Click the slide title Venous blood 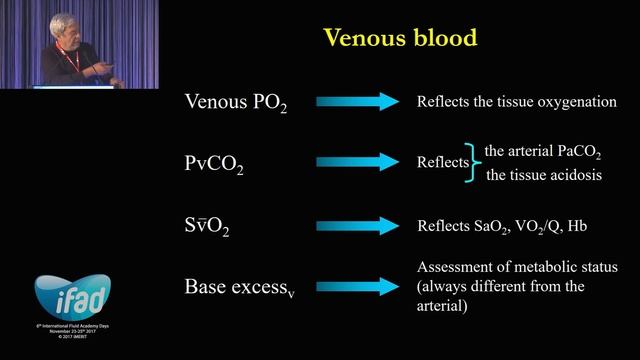pos(399,39)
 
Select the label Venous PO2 pos(236,102)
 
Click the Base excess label pos(240,287)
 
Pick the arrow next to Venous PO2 pos(358,101)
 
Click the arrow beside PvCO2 pos(358,161)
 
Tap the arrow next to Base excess pos(358,287)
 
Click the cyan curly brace pos(475,162)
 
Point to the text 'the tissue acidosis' pos(543,177)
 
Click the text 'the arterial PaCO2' pos(543,152)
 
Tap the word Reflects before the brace pos(442,162)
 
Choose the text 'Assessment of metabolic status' pos(516,267)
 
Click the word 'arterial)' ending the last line pos(443,307)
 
